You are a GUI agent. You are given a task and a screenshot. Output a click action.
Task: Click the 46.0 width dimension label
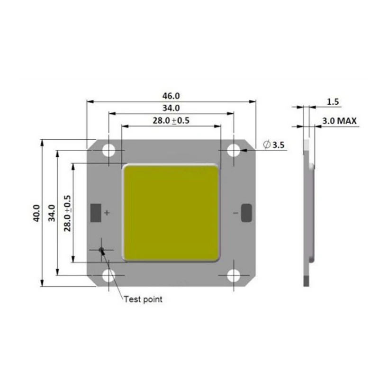(171, 96)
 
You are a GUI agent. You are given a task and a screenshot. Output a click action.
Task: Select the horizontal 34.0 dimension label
(171, 108)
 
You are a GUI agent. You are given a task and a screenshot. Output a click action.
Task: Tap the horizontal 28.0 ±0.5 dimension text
(171, 120)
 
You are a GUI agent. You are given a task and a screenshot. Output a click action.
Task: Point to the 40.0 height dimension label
(36, 213)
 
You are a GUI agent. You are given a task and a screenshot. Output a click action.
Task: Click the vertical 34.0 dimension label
(52, 213)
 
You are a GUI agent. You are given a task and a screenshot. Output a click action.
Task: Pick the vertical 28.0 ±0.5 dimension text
(67, 213)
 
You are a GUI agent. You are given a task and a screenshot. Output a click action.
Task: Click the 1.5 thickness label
(333, 102)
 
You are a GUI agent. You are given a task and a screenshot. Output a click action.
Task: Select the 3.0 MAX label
(339, 121)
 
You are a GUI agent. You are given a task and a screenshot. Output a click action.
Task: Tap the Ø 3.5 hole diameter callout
(274, 145)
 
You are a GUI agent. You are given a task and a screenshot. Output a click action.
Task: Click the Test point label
(143, 299)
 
